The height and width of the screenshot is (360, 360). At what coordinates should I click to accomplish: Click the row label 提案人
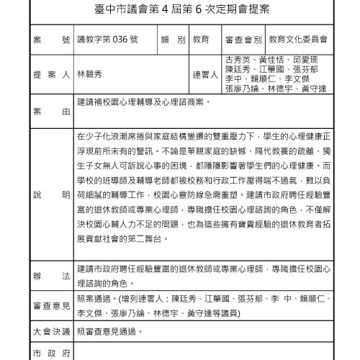pos(50,73)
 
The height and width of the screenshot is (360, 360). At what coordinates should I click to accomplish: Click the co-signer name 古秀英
pos(238,58)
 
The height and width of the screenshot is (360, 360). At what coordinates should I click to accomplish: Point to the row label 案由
pos(50,113)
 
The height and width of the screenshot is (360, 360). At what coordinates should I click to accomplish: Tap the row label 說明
pos(50,195)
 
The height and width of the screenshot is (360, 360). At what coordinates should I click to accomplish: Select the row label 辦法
pos(50,275)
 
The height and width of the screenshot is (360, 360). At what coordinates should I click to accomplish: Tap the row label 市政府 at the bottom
pos(50,353)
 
